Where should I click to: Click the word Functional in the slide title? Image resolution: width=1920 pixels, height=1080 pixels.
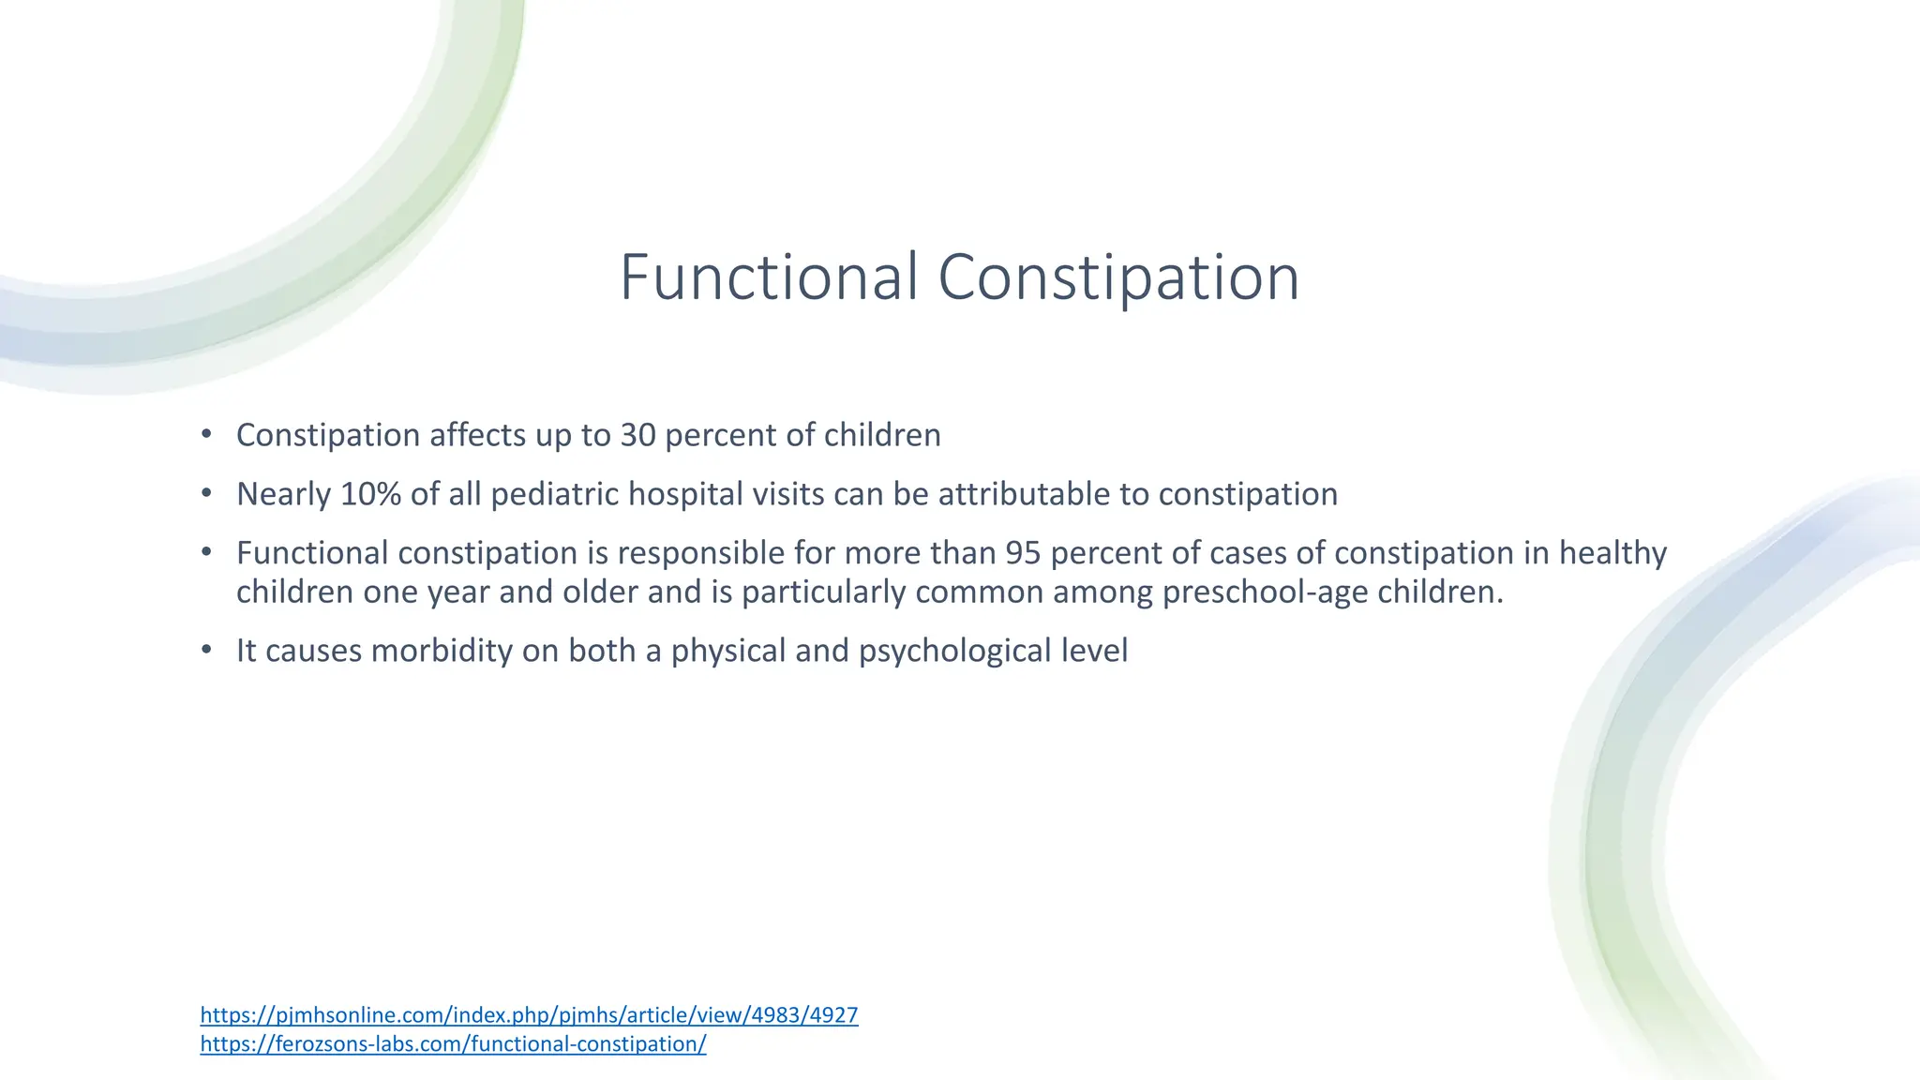[x=768, y=277]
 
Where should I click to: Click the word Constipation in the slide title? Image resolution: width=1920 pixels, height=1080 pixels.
[x=1117, y=277]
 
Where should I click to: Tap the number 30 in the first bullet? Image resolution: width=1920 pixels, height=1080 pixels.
[x=637, y=435]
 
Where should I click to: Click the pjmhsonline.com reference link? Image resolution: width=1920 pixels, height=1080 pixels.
[x=529, y=1014]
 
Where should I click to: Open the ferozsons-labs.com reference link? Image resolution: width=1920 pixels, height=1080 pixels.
[x=453, y=1043]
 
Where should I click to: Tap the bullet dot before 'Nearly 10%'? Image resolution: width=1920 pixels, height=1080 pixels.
[x=206, y=493]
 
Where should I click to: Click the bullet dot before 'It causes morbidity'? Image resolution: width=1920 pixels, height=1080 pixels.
[x=206, y=650]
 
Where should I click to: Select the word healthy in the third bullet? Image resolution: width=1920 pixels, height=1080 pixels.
[x=1612, y=553]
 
